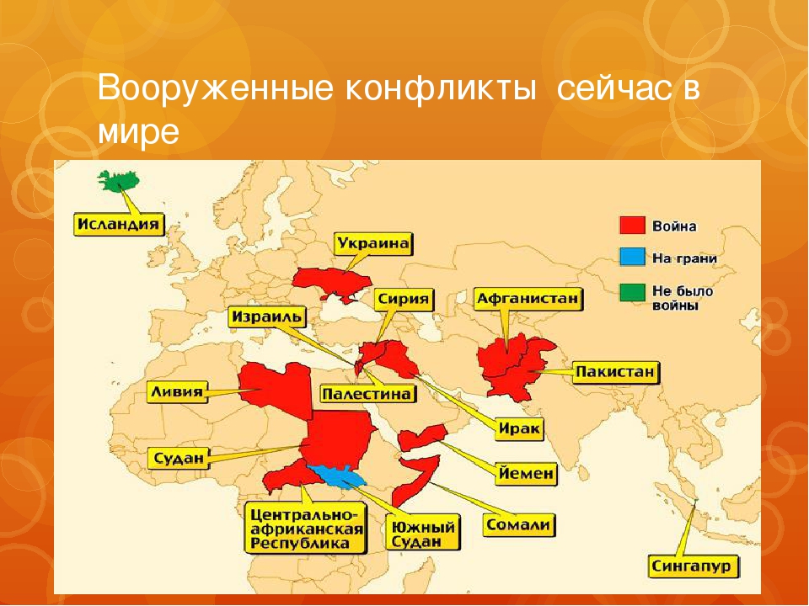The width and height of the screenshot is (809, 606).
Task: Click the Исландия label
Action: [x=119, y=225]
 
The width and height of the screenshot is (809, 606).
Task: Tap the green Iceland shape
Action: [x=118, y=181]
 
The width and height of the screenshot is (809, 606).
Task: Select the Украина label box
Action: [x=374, y=244]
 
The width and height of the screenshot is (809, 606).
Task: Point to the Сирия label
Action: [x=404, y=300]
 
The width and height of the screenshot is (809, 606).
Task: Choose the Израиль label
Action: [x=267, y=316]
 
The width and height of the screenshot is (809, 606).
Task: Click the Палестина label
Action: [x=368, y=394]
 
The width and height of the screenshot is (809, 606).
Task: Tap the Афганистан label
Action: [x=528, y=300]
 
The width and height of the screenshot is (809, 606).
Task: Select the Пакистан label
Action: [x=615, y=372]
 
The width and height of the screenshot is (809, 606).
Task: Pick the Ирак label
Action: [x=519, y=428]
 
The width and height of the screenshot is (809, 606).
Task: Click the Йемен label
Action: [x=526, y=473]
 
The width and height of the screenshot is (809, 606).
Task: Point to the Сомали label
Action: [x=518, y=524]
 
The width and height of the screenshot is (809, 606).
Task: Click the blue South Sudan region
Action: [x=338, y=476]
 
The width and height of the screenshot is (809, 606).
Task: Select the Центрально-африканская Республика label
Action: [x=306, y=529]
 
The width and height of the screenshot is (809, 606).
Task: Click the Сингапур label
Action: [x=693, y=566]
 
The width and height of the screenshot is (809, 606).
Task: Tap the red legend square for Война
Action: [x=632, y=226]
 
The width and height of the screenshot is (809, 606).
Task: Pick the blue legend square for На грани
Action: [x=632, y=258]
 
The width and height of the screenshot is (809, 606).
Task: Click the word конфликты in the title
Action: [x=438, y=88]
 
